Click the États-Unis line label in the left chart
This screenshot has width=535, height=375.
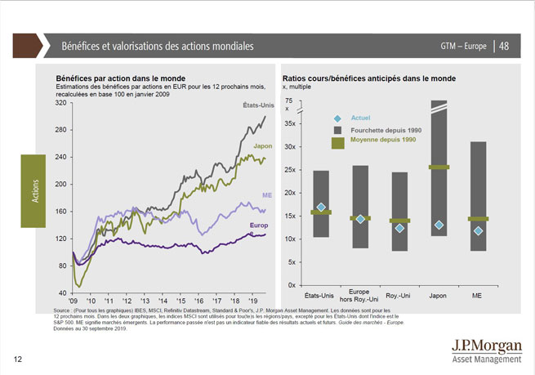tap(256, 106)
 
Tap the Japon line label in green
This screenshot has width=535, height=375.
tap(262, 145)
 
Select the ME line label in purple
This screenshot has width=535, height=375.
tap(266, 196)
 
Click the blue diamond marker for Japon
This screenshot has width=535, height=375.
tap(439, 225)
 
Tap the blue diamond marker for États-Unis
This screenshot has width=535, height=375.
tap(321, 208)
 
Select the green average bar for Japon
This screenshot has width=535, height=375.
tap(439, 167)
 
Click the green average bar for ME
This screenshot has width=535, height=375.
tap(478, 219)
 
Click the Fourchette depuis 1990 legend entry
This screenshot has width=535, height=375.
tap(383, 131)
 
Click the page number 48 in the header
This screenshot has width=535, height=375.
tap(506, 45)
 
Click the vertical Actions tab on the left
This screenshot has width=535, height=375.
tap(30, 187)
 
